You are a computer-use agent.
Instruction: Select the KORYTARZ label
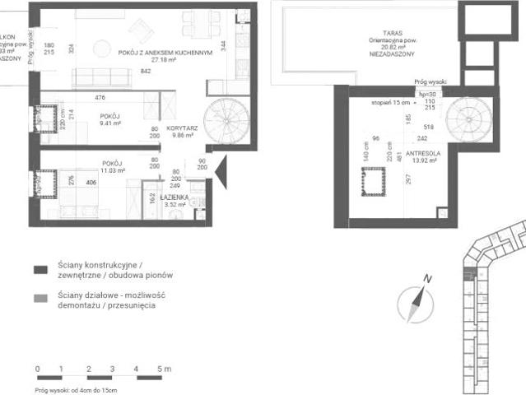pyautogui.click(x=179, y=130)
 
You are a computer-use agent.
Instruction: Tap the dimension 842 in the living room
pyautogui.click(x=146, y=72)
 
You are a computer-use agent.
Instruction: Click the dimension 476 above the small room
pyautogui.click(x=100, y=98)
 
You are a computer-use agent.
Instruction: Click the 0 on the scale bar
pyautogui.click(x=37, y=369)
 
